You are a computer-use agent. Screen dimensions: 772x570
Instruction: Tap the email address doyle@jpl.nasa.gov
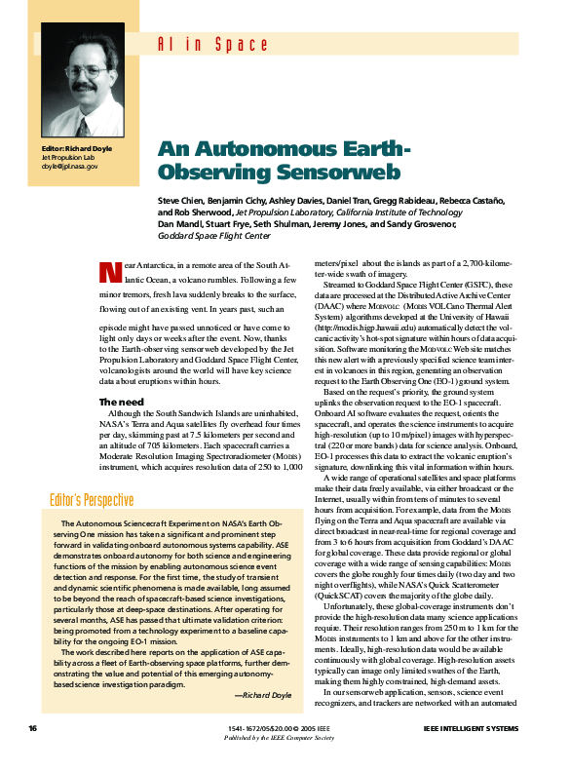(69, 166)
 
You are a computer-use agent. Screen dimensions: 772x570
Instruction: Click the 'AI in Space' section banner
(212, 44)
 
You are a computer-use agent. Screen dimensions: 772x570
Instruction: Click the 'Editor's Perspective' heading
(92, 500)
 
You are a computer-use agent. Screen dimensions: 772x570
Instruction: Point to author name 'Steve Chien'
(182, 200)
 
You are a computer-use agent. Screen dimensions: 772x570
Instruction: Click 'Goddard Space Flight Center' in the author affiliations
(214, 236)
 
